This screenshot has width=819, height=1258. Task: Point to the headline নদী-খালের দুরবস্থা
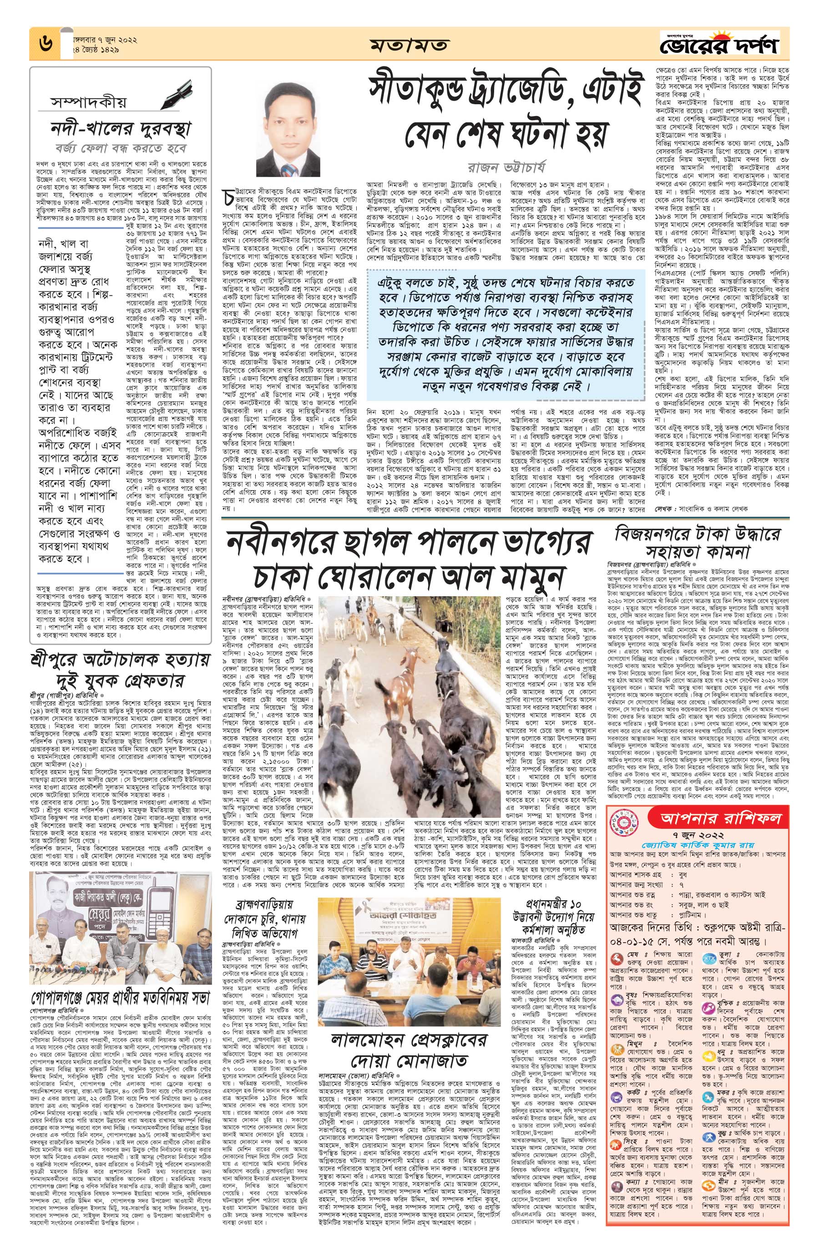tap(121, 128)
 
